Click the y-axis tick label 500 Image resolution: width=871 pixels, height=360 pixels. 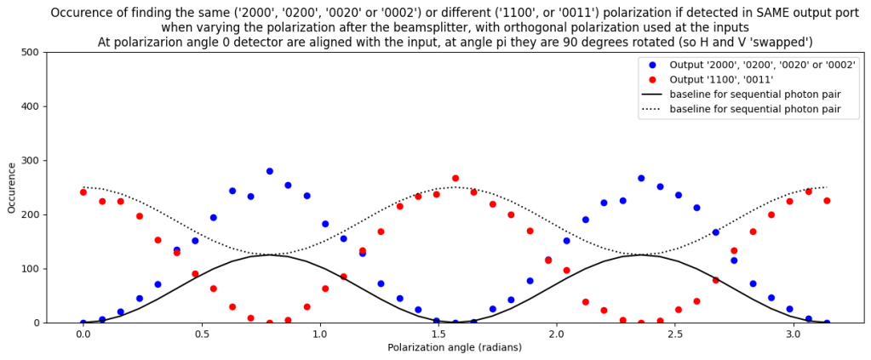click(30, 52)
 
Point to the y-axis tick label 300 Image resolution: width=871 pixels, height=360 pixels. click(30, 160)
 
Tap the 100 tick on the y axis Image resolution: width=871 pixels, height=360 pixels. click(30, 269)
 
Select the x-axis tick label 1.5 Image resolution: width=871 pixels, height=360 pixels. click(438, 335)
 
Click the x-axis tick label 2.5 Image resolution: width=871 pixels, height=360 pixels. click(675, 335)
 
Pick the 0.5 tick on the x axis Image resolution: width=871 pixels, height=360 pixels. click(201, 335)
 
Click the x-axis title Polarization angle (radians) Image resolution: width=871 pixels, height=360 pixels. click(455, 348)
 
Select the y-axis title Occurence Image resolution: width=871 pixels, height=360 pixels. click(12, 187)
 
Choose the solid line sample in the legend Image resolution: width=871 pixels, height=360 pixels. click(652, 94)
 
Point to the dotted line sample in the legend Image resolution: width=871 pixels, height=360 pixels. click(652, 110)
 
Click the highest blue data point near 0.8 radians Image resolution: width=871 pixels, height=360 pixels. click(270, 171)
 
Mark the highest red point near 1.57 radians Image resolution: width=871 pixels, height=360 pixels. click(456, 178)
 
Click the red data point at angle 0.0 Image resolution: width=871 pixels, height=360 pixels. click(83, 192)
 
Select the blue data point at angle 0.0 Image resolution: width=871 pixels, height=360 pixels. click(83, 323)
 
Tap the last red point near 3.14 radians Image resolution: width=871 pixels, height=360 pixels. click(827, 201)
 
